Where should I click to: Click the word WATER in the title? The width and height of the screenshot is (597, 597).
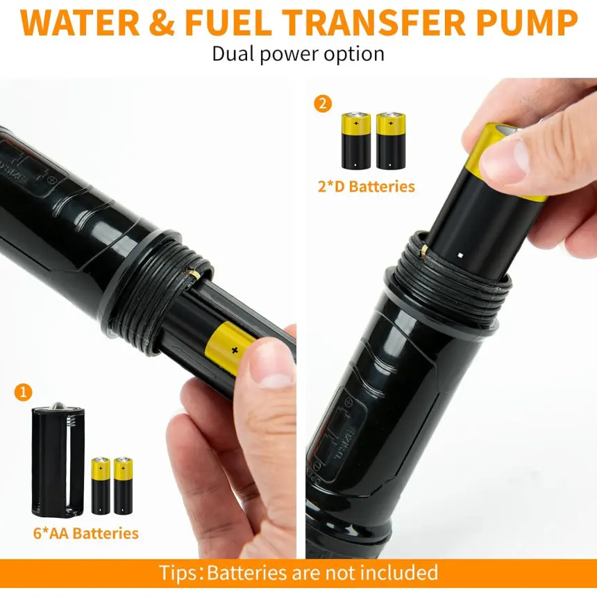(80, 23)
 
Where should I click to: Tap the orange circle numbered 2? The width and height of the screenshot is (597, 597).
(323, 103)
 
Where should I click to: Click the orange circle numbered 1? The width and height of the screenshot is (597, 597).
(23, 392)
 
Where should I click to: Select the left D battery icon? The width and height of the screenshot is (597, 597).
(356, 140)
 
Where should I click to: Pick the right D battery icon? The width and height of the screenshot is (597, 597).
(391, 140)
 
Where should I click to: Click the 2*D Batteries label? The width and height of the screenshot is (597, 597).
(367, 187)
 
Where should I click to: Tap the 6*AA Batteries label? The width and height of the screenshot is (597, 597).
(85, 533)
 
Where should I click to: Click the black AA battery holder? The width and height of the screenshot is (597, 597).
(58, 460)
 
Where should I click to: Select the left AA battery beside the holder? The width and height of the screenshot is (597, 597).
(101, 486)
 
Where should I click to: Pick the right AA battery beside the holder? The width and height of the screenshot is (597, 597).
(123, 486)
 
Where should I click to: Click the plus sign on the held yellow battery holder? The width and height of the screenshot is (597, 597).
(235, 350)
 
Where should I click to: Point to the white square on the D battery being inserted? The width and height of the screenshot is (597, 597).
(460, 255)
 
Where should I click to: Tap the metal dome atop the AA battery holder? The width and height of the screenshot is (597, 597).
(58, 406)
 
